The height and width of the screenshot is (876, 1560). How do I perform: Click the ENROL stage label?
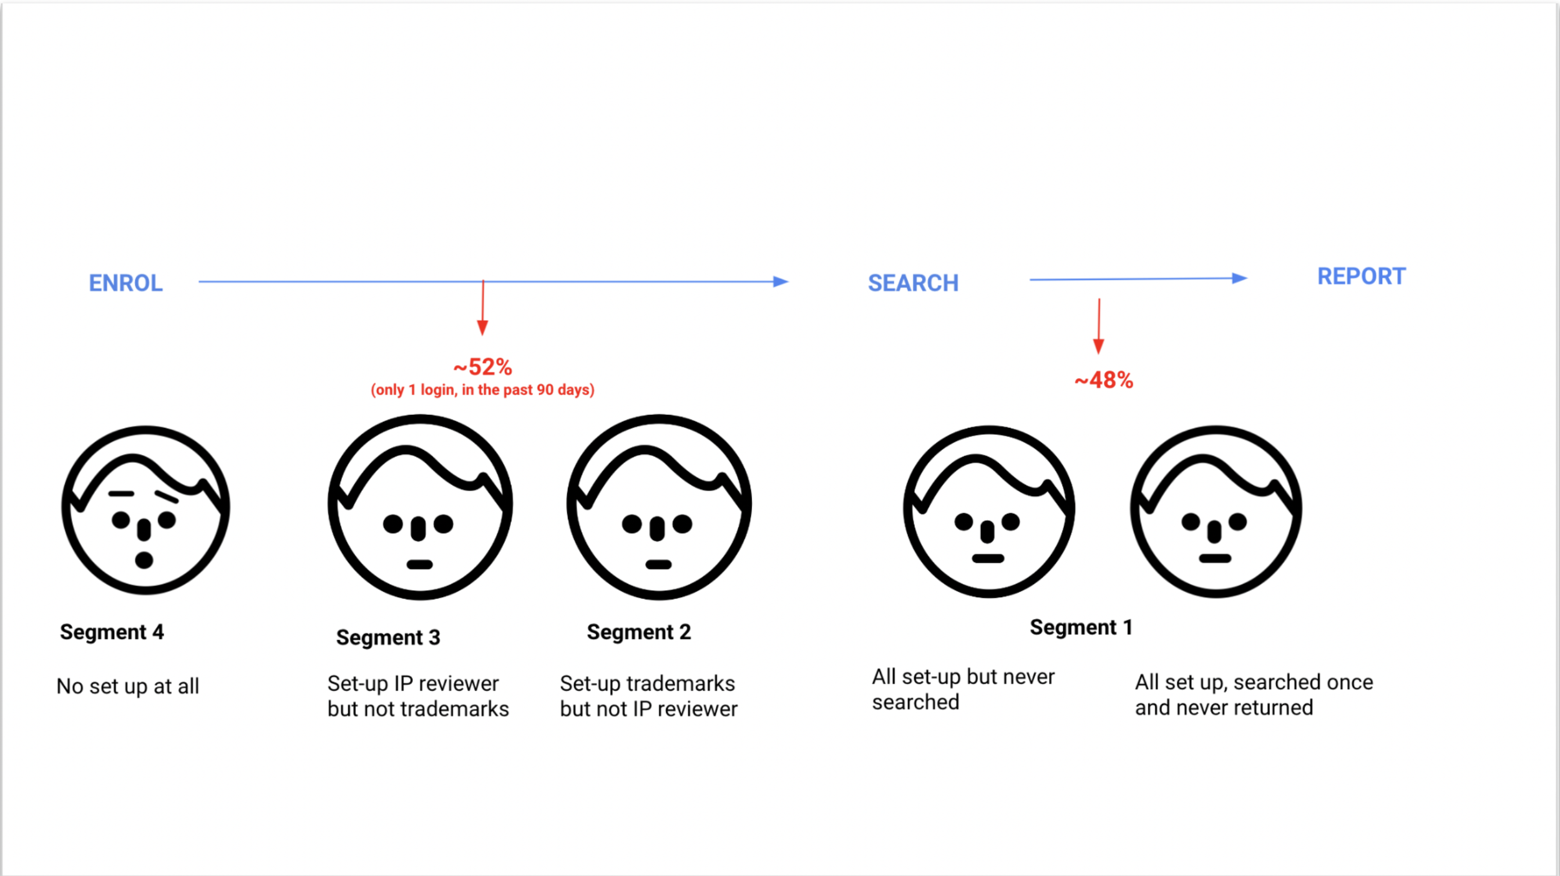(x=125, y=283)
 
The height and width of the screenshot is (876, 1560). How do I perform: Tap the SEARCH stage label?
(x=913, y=283)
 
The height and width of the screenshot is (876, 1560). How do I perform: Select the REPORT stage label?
(x=1361, y=276)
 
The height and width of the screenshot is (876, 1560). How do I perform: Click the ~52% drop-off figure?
(x=482, y=367)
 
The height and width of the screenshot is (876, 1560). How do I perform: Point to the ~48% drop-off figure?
(x=1103, y=380)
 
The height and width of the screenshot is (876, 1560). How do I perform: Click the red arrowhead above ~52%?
(x=482, y=328)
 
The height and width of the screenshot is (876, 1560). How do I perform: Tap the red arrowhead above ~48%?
(x=1099, y=346)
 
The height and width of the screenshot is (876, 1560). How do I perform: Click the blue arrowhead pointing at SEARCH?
(x=780, y=281)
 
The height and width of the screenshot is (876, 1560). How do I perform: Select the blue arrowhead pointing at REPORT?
(x=1239, y=278)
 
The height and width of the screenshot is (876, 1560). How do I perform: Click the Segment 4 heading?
(x=112, y=632)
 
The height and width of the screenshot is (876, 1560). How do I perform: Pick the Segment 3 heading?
(x=388, y=638)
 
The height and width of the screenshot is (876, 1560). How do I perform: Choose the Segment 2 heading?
(x=639, y=632)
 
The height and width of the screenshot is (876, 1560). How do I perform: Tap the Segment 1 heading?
(x=1081, y=627)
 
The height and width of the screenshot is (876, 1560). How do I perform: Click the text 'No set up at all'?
(x=128, y=686)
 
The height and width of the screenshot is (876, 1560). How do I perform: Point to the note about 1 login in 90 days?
(x=482, y=390)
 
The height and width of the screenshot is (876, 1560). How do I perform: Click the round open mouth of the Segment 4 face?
(x=144, y=560)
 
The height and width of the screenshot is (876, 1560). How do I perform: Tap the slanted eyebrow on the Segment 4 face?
(x=167, y=497)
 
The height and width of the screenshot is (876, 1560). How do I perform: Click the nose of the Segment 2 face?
(x=657, y=528)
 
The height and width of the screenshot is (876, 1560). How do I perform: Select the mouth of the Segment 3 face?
(x=419, y=565)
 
